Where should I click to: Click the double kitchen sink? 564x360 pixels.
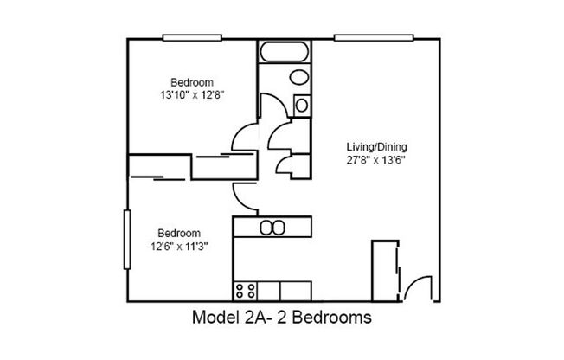click(x=272, y=228)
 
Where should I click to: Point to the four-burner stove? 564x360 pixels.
click(x=245, y=289)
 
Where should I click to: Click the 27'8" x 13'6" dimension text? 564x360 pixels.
click(x=376, y=160)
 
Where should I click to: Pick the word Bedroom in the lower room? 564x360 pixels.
click(x=178, y=234)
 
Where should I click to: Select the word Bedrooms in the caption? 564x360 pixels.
click(x=333, y=318)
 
